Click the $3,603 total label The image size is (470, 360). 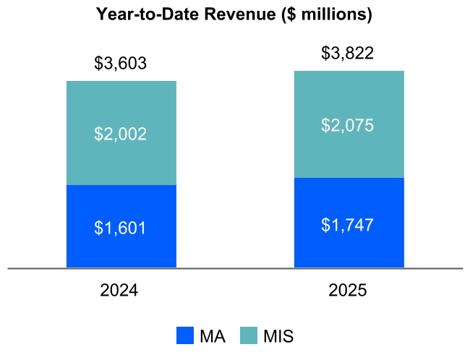121,64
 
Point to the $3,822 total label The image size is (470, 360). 348,53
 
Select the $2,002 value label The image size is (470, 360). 121,134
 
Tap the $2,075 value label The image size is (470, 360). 348,125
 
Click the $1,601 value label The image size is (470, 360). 121,228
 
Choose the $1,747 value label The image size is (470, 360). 348,224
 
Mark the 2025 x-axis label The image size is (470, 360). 348,291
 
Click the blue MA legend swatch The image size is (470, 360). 185,336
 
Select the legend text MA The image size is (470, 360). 212,336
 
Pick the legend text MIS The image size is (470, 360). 278,336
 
